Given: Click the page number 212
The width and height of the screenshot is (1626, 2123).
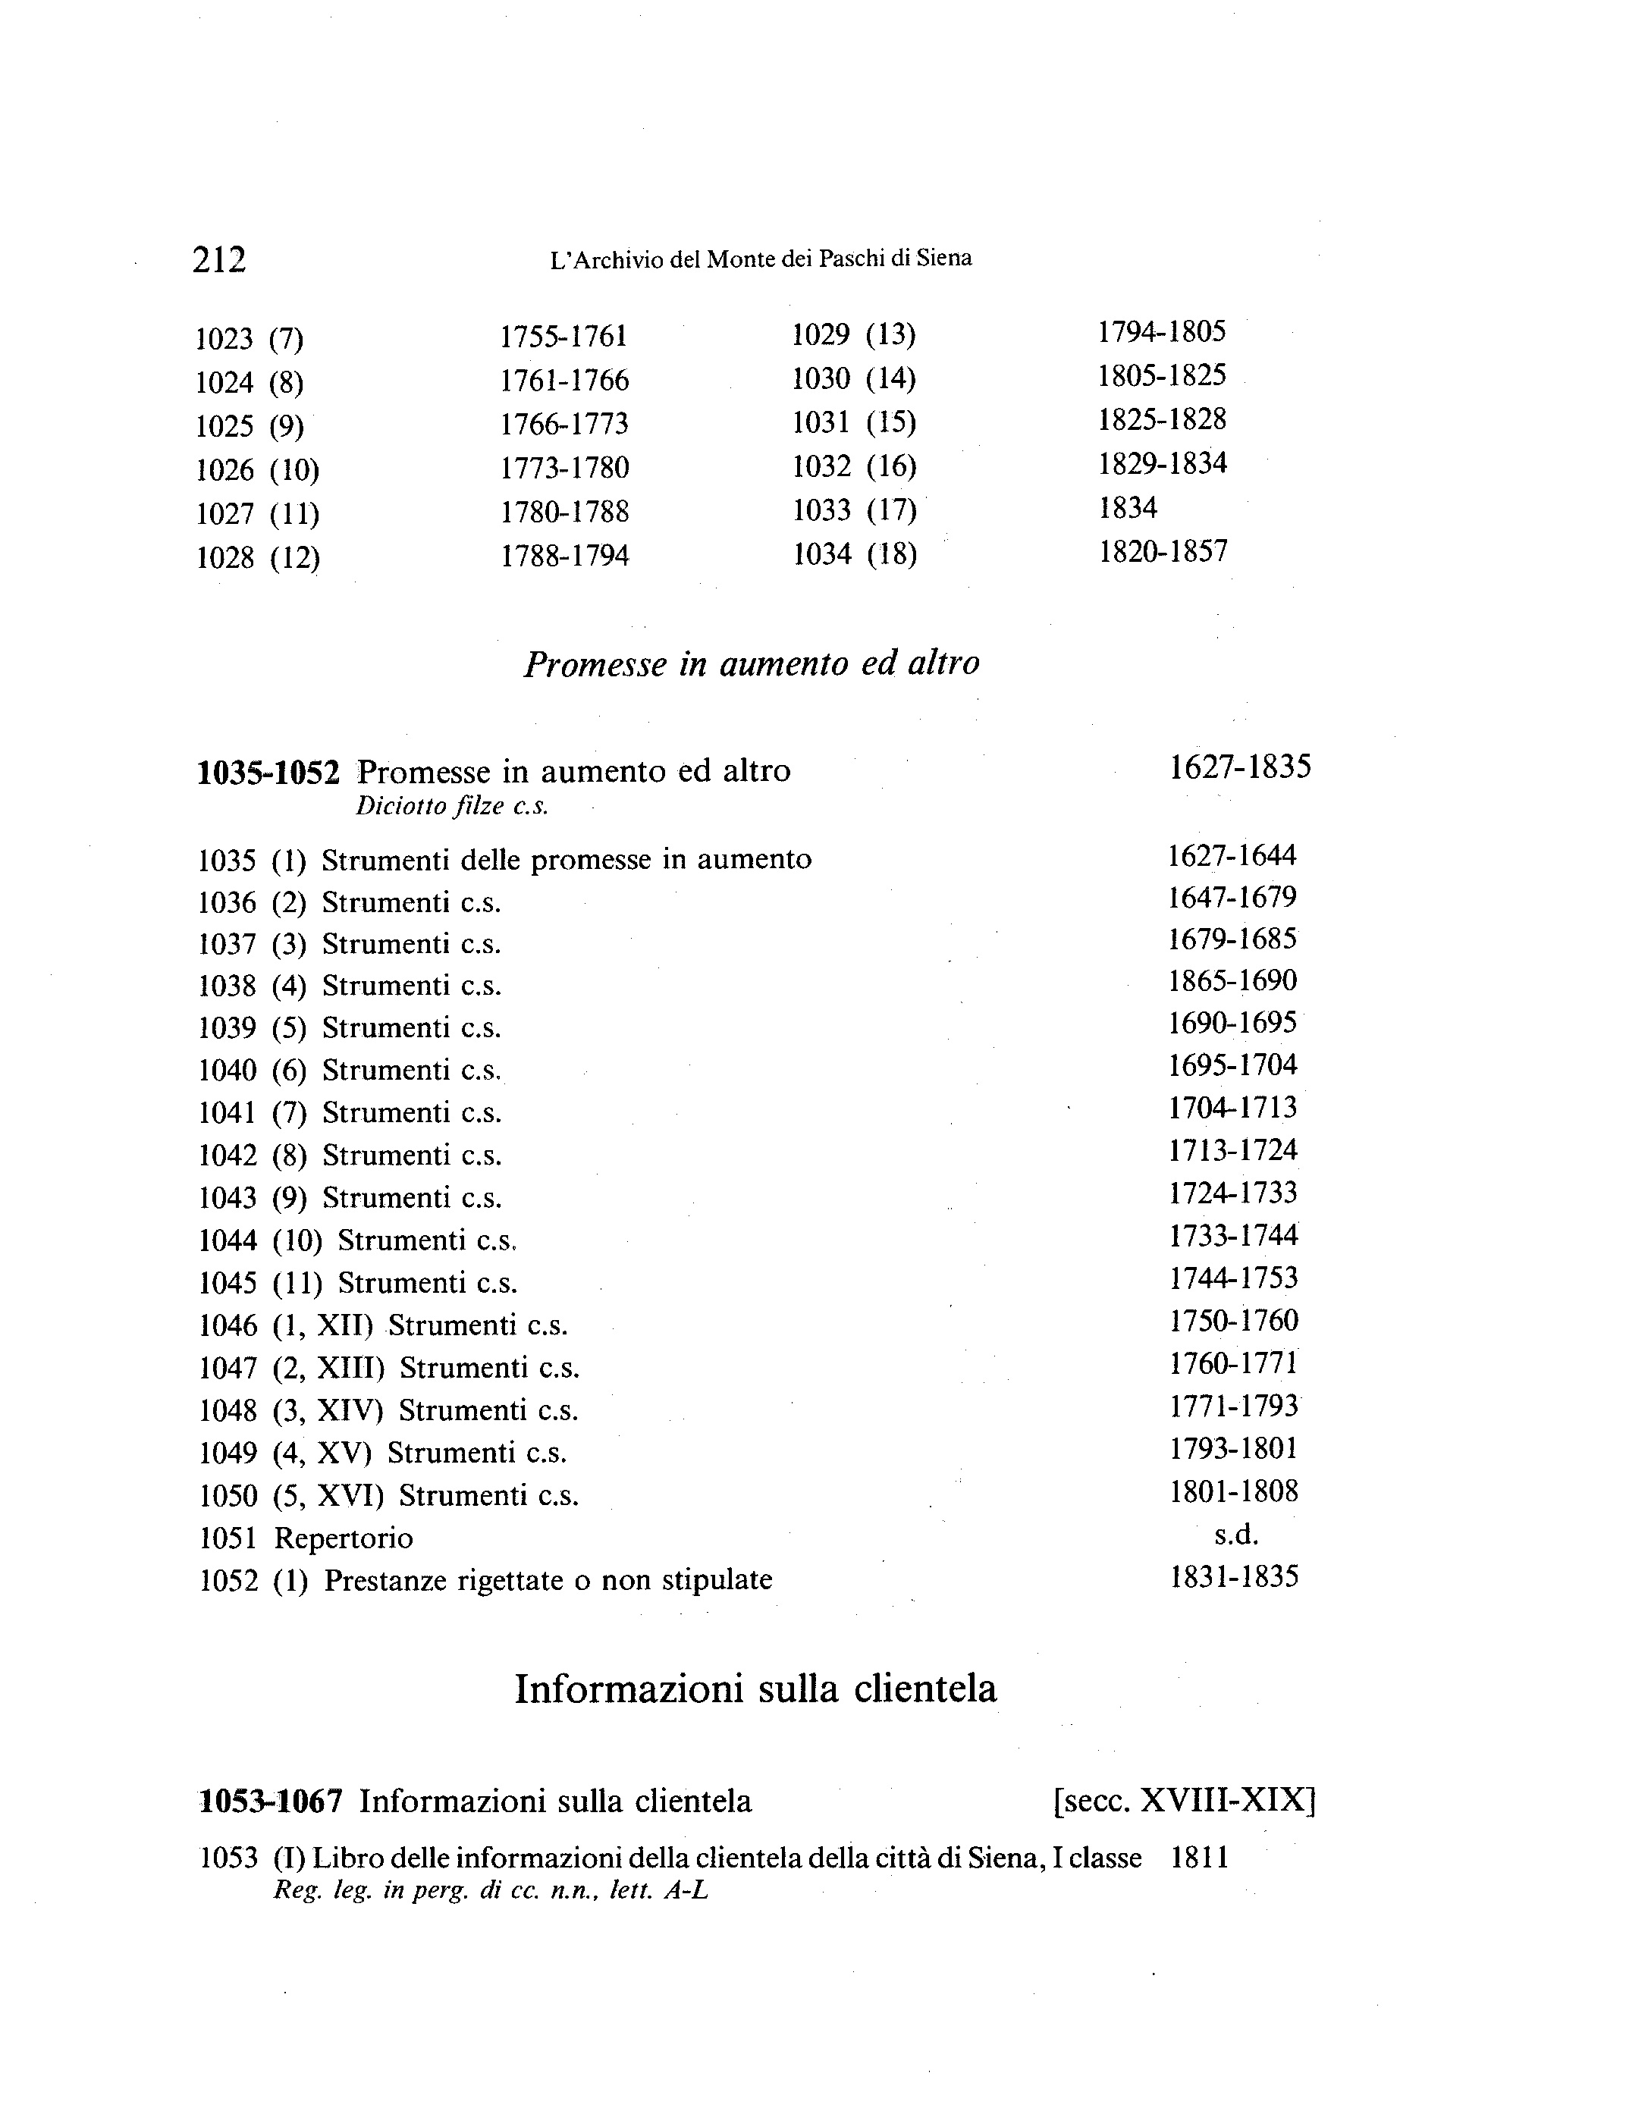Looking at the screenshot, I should pyautogui.click(x=220, y=260).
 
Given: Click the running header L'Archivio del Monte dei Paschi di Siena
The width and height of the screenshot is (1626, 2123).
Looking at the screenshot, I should pyautogui.click(x=760, y=259).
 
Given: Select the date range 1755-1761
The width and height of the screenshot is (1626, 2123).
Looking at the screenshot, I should pyautogui.click(x=563, y=337).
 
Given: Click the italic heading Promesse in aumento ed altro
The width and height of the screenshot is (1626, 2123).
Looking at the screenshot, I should pyautogui.click(x=751, y=663).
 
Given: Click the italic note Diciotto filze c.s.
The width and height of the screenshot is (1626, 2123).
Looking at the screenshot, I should pyautogui.click(x=451, y=807).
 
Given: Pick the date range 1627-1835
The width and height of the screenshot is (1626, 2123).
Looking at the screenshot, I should pyautogui.click(x=1240, y=768).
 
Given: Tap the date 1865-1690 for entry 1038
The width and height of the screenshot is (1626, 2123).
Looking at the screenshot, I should pyautogui.click(x=1232, y=981).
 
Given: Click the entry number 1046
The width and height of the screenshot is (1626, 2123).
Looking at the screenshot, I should pyautogui.click(x=228, y=1325).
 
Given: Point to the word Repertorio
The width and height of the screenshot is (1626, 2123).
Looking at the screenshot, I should pyautogui.click(x=344, y=1538).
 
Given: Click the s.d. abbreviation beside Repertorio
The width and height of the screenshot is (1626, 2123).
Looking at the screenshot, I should pyautogui.click(x=1236, y=1535).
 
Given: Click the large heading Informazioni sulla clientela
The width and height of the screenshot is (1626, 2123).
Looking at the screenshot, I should pyautogui.click(x=755, y=1689).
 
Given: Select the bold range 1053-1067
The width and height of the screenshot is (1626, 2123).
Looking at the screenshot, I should pyautogui.click(x=270, y=1802).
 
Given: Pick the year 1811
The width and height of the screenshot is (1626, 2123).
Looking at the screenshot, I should pyautogui.click(x=1199, y=1858).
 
